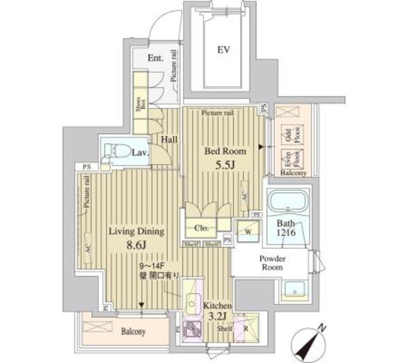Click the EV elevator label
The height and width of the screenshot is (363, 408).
pos(223,49)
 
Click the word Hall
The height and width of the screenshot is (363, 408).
pos(169,140)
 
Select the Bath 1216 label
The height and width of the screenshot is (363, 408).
pos(287,228)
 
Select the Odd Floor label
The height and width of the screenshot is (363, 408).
pos(288,134)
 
